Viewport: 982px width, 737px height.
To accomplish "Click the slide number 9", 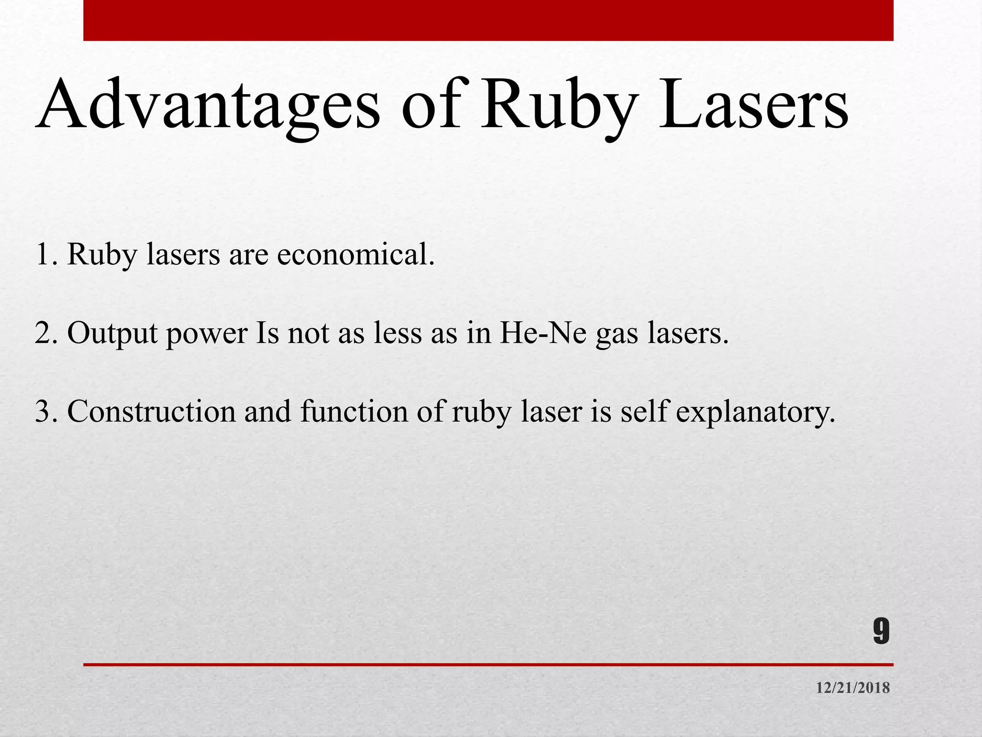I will [881, 632].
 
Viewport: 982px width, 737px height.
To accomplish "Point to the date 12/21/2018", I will [853, 688].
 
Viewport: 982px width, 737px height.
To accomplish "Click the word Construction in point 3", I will [152, 412].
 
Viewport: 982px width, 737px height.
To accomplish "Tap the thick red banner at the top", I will [488, 20].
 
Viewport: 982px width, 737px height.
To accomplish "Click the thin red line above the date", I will [488, 665].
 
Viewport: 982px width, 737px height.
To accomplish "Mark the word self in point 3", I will [643, 412].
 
